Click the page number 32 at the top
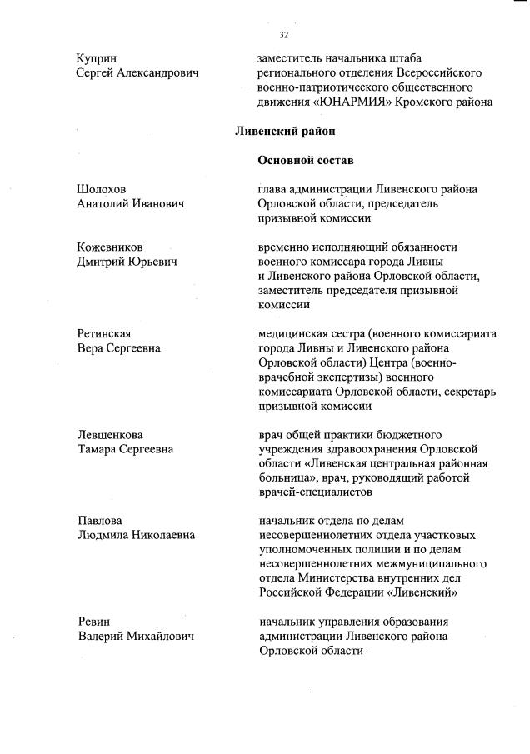[x=283, y=35]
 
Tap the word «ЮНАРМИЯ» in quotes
[x=345, y=102]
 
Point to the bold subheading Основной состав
[x=306, y=160]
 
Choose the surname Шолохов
[x=102, y=189]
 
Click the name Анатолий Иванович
[x=129, y=203]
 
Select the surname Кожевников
[x=109, y=247]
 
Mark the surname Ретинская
[x=104, y=334]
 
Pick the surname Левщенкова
[x=109, y=435]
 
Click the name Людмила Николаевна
[x=136, y=535]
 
